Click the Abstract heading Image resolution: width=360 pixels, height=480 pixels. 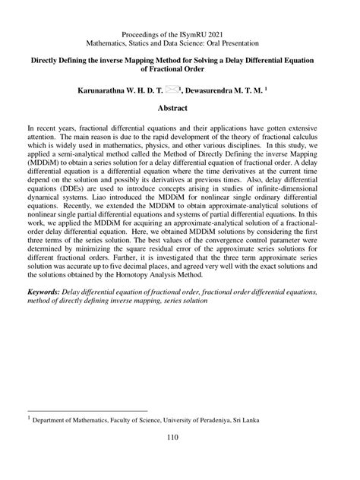coord(180,109)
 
